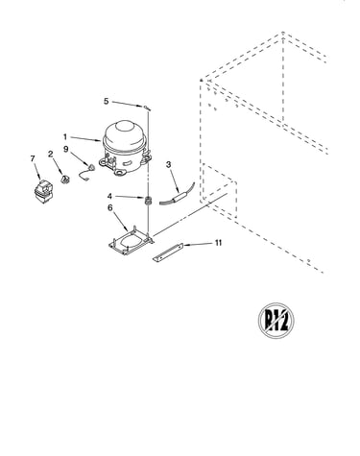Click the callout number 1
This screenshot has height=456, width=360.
tap(65, 137)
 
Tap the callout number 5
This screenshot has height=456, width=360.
tap(107, 101)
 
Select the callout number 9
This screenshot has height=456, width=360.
tap(66, 149)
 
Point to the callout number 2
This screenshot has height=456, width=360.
tap(51, 154)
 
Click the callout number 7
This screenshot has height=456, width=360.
tap(33, 158)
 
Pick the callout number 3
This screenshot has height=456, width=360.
tap(168, 164)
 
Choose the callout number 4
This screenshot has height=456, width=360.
tap(109, 196)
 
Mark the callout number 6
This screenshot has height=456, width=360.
tap(110, 207)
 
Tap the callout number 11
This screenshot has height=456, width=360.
tap(218, 243)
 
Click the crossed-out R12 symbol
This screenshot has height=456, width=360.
tap(276, 320)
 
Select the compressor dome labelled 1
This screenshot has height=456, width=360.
tap(125, 147)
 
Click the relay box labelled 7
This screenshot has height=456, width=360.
tap(43, 191)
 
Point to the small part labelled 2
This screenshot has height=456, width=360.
tap(65, 180)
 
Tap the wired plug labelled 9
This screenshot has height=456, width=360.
tap(86, 172)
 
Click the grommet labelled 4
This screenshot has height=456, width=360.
tap(148, 201)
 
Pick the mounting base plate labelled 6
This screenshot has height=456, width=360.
tap(131, 242)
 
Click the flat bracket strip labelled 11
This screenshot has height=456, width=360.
tap(168, 252)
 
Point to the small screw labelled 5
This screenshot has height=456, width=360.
tap(147, 108)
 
